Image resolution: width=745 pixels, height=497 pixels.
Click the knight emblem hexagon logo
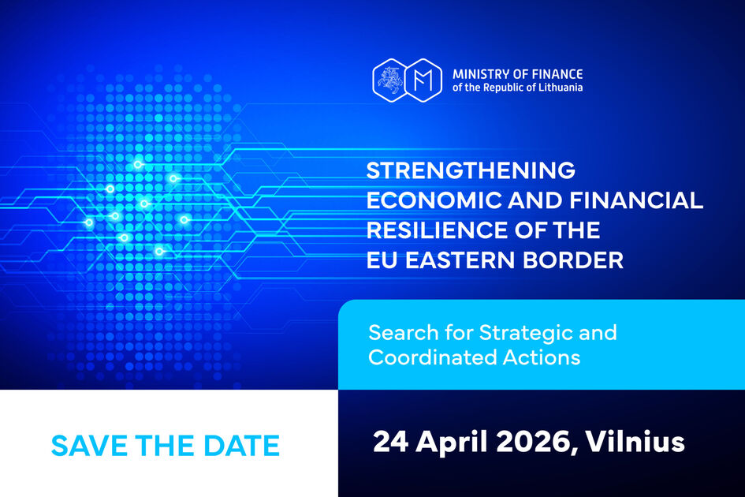coord(390,80)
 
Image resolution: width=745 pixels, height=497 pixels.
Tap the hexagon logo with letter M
coord(424,80)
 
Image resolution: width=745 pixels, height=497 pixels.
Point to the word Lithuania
coord(561,88)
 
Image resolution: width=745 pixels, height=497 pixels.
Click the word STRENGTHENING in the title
coord(471,170)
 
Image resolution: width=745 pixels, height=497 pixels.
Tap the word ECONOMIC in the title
coord(434,200)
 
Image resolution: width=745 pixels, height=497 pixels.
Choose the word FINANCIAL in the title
coord(637,200)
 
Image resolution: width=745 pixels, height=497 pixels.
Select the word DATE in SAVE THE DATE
coord(241,446)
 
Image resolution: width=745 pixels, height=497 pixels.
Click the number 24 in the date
coord(390,441)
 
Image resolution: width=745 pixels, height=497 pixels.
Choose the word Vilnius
coord(635,441)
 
